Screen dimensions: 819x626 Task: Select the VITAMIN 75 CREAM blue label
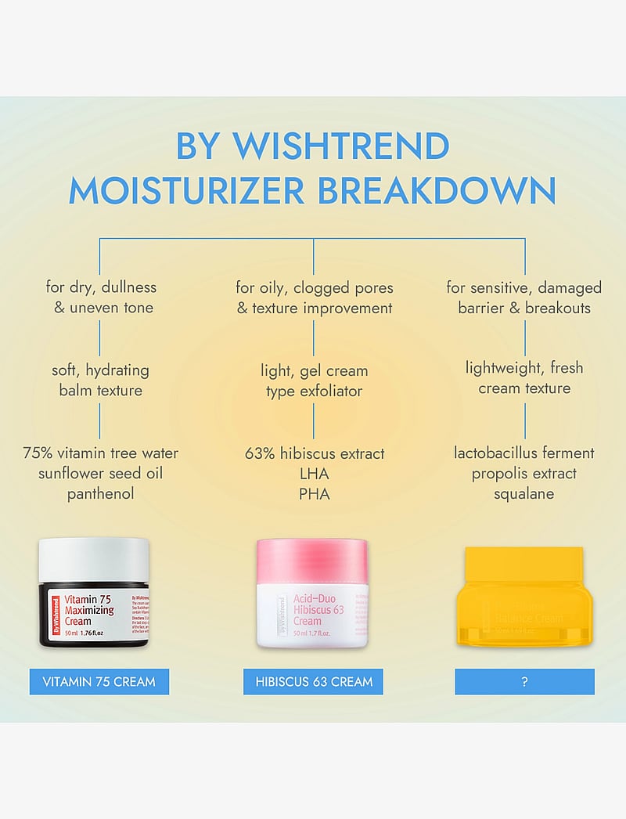(100, 681)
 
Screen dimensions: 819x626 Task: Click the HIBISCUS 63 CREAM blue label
(314, 681)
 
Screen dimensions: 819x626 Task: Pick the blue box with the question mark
(524, 681)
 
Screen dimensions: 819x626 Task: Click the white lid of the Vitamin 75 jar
(94, 561)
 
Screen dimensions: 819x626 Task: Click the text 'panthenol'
(100, 494)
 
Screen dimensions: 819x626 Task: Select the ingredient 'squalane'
(523, 494)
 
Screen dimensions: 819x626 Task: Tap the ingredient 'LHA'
(314, 474)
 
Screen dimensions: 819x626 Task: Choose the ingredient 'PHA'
(314, 494)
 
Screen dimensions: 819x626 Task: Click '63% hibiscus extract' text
(314, 453)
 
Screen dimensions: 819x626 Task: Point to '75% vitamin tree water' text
(100, 453)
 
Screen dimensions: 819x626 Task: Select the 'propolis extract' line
(523, 474)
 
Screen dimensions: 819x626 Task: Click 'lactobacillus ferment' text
(523, 453)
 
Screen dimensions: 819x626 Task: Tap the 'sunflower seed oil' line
(100, 474)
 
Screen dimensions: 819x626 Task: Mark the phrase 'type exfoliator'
(314, 391)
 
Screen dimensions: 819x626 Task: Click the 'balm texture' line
(100, 389)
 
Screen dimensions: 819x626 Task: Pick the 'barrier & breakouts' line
(523, 308)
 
